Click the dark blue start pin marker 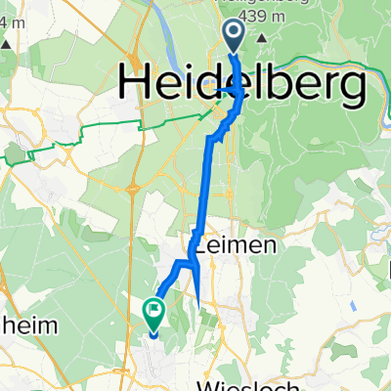point(236,36)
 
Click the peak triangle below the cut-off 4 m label point(7,45)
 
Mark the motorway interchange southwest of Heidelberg point(132,187)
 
